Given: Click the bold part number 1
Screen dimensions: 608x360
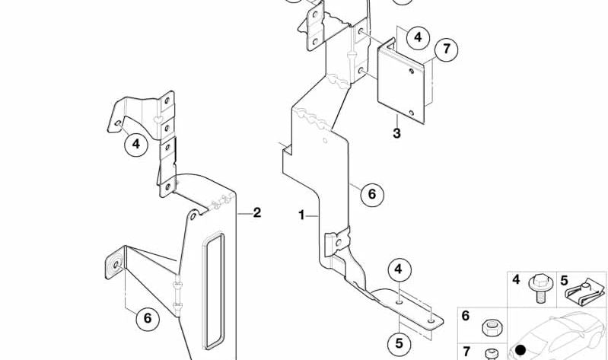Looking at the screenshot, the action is coord(301,215).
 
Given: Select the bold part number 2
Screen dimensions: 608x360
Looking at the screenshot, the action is coord(256,212).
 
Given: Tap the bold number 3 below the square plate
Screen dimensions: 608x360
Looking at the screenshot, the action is coord(396,133).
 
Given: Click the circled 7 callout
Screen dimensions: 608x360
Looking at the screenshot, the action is coord(447,49).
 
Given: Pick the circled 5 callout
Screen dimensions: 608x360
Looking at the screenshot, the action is coord(399,343).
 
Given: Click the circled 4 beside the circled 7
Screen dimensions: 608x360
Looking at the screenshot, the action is coord(418,37).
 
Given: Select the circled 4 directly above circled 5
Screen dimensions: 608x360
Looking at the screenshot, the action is coord(399,269).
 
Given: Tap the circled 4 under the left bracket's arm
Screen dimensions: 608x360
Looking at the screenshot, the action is coord(135,145).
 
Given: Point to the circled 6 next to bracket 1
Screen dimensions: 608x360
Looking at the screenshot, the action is coord(372,194).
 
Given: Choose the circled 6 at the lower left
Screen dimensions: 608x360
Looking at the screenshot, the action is coord(148,318).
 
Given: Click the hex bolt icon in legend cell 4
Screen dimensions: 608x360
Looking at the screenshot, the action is coord(540,288).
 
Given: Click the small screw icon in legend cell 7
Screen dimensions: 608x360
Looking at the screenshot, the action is coord(492,354).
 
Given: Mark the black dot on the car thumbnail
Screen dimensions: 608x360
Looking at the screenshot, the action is coord(520,350).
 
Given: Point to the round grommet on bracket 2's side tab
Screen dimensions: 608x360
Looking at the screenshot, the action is coord(116,265).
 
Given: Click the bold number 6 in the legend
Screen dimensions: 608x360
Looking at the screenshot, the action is coord(465,316).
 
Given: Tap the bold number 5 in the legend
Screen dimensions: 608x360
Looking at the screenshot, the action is coord(564,281).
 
